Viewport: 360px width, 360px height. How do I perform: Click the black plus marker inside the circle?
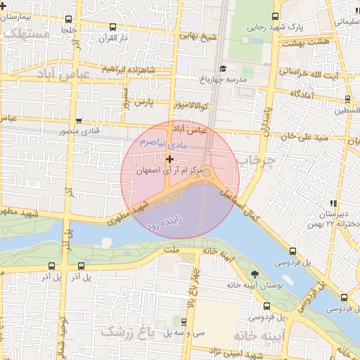169,160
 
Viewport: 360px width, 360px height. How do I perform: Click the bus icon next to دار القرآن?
112,27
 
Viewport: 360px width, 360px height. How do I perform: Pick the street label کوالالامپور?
191,106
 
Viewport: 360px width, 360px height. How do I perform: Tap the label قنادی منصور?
94,131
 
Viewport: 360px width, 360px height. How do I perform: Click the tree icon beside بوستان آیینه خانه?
254,274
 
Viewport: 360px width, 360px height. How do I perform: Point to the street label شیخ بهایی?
195,35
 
